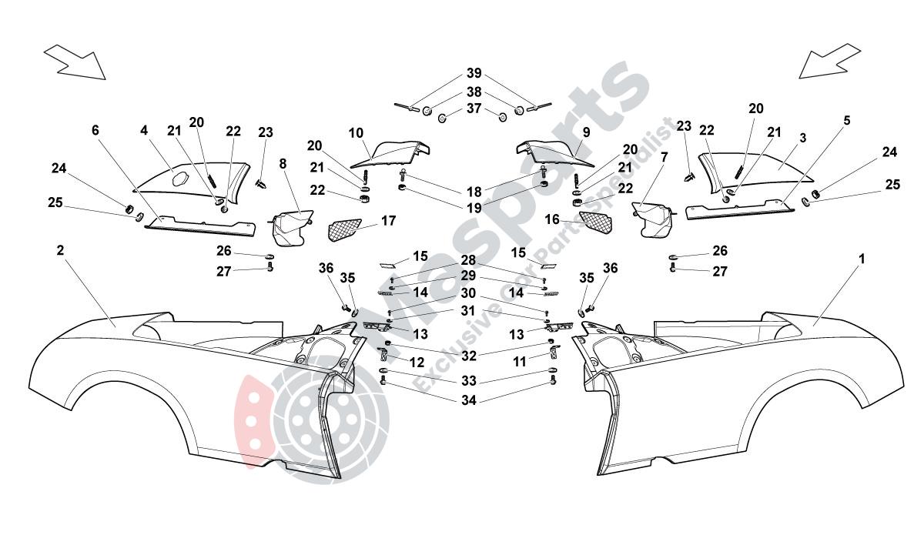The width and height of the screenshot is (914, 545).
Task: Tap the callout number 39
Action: (x=474, y=74)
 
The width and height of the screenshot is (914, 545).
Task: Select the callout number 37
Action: (x=474, y=109)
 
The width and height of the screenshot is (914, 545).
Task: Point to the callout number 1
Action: (x=862, y=259)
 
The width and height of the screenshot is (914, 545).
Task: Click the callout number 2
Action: (x=60, y=250)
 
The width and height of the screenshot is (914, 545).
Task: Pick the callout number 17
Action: (x=388, y=221)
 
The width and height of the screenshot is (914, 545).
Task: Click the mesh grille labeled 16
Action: (x=596, y=222)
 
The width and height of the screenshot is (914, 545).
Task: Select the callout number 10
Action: (x=356, y=132)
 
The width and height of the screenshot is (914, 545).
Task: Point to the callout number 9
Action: (x=586, y=132)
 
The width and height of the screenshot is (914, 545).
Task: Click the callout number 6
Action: (x=95, y=131)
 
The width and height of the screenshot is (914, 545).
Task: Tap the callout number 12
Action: (x=416, y=362)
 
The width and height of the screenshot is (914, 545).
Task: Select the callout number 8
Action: (x=283, y=163)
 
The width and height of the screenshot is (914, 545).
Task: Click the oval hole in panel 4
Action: (x=182, y=179)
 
